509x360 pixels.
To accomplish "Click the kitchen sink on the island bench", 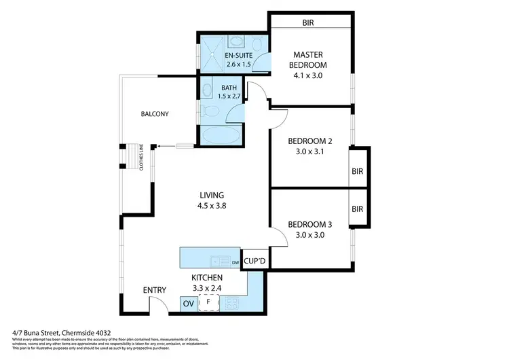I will pyautogui.click(x=219, y=260).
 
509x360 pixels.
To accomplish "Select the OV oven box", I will pyautogui.click(x=188, y=304).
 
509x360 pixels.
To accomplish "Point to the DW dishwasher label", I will pyautogui.click(x=235, y=262).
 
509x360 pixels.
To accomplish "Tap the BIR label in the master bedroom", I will pyautogui.click(x=309, y=22).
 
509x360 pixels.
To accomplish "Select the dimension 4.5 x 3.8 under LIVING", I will pyautogui.click(x=210, y=206).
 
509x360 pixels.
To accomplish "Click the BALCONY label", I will pyautogui.click(x=155, y=114).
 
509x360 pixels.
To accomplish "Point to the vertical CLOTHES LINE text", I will pyautogui.click(x=140, y=158).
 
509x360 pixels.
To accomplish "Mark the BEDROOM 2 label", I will pyautogui.click(x=309, y=141).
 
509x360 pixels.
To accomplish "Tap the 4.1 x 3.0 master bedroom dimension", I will pyautogui.click(x=309, y=75).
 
